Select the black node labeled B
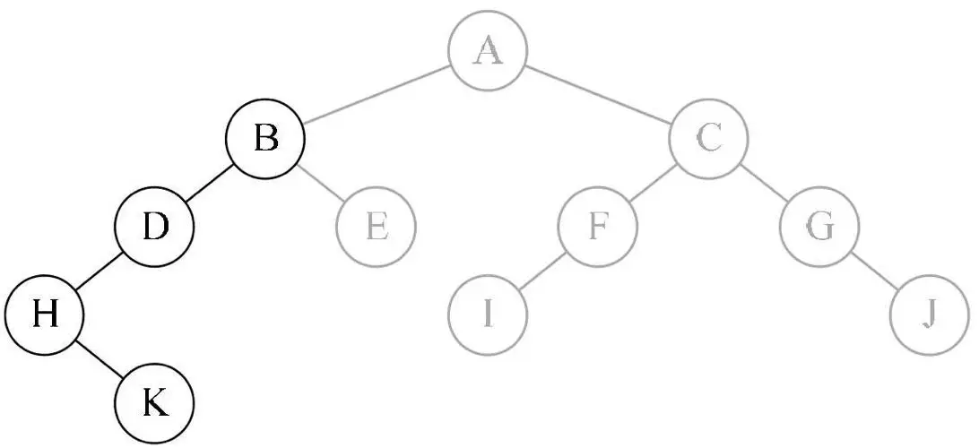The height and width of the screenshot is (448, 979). [x=265, y=140]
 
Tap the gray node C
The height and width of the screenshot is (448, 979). [x=709, y=140]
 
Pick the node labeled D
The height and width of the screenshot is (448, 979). [x=155, y=228]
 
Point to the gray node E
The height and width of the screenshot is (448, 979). [x=377, y=228]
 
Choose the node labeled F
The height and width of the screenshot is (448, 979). [x=597, y=228]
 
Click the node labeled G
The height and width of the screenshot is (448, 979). [x=819, y=228]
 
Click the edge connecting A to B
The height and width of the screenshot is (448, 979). [x=377, y=96]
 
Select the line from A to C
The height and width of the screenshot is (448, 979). [x=598, y=96]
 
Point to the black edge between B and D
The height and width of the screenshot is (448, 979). [x=210, y=185]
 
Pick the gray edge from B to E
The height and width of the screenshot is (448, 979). [x=321, y=185]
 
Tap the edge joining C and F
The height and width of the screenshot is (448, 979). [x=654, y=185]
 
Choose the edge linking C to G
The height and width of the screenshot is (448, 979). [x=764, y=185]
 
